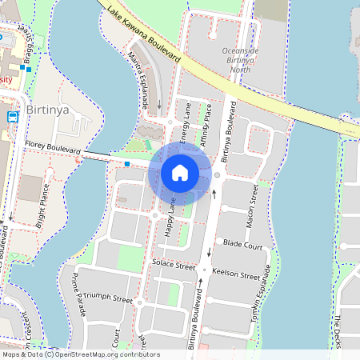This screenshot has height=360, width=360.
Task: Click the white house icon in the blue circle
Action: pyautogui.click(x=180, y=173)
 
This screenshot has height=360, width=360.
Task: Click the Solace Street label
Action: pyautogui.click(x=174, y=265)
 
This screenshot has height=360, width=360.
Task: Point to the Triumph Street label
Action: pyautogui.click(x=107, y=298)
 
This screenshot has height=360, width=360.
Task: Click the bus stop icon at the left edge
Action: pyautogui.click(x=13, y=116)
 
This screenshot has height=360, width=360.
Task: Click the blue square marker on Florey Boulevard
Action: pyautogui.click(x=127, y=164)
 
